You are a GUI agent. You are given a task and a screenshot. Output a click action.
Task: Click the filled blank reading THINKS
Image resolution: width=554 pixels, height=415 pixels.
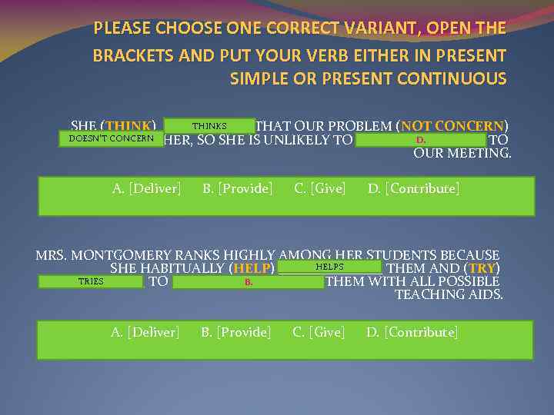coord(209,126)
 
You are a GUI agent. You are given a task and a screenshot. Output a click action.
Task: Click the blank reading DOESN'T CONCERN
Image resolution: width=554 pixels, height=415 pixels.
coord(111,139)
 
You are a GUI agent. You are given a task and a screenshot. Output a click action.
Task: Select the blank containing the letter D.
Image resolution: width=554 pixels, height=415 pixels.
coord(420,140)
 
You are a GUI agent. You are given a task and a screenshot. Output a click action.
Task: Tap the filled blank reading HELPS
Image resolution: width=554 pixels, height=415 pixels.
coord(329,267)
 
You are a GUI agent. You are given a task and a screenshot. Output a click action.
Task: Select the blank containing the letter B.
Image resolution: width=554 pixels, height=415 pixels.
coord(248,282)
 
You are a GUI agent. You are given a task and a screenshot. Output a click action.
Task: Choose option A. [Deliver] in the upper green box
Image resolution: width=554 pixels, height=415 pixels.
coord(146,188)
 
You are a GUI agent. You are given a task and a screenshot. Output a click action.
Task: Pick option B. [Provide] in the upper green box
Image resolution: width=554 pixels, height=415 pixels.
coord(237,188)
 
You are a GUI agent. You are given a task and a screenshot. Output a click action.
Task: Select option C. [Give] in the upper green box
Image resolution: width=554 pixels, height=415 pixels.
coord(320,188)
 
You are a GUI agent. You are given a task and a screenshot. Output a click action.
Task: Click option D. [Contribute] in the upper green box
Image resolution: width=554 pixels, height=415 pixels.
coord(414,188)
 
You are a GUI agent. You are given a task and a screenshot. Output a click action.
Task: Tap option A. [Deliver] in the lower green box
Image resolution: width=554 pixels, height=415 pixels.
coord(145,332)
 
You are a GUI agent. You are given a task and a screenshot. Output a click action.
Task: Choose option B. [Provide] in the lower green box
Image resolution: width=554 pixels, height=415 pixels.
coord(235,332)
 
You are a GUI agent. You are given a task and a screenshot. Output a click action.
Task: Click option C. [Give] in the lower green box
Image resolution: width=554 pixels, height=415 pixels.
coord(319,332)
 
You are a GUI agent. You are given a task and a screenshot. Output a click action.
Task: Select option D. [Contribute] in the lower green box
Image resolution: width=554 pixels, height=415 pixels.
coord(412,332)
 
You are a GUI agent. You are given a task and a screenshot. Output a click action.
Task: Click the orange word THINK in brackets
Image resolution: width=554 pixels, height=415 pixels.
coord(130,126)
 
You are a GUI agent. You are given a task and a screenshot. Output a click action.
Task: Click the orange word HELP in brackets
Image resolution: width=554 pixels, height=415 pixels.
coord(252,268)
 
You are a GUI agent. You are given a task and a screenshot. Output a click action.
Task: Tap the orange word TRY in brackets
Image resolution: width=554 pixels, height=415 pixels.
coord(482,268)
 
